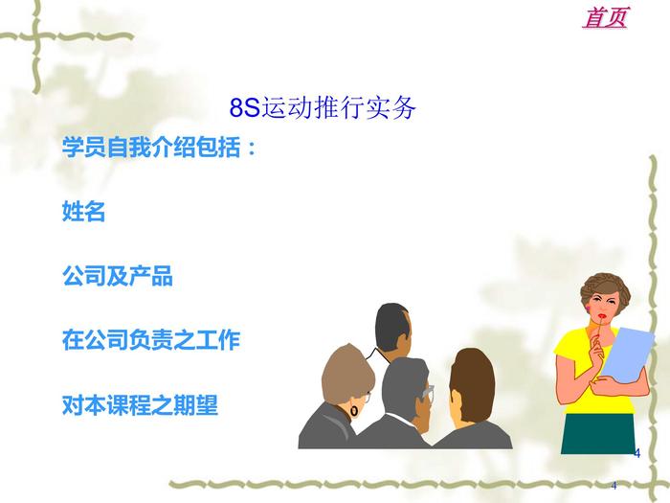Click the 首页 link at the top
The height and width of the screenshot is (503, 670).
tap(606, 17)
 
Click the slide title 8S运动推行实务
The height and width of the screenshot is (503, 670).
tap(323, 107)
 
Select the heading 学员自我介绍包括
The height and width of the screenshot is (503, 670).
tap(159, 147)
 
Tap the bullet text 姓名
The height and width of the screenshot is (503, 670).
tap(84, 211)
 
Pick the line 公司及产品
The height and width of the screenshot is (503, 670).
tap(118, 275)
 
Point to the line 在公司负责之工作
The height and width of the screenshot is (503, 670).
tap(151, 339)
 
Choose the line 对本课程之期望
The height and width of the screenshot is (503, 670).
tap(140, 404)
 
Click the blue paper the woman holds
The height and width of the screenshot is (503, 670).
tap(628, 354)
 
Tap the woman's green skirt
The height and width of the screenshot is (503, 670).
tap(597, 433)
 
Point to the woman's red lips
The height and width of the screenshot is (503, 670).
tap(602, 316)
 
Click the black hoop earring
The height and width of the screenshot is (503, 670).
tap(354, 411)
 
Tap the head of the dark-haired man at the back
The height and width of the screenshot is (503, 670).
tap(393, 328)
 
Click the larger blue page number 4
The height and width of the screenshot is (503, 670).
tap(637, 453)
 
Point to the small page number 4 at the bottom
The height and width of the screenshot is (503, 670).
tap(614, 486)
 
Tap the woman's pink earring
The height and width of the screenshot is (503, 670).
tap(589, 309)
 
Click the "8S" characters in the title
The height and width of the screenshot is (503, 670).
tap(245, 107)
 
